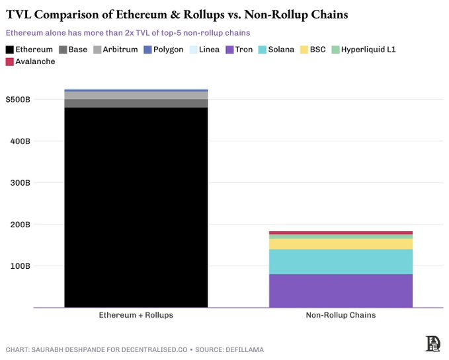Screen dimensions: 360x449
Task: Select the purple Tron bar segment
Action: [x=341, y=291]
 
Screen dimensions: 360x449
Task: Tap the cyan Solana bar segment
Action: [x=341, y=262]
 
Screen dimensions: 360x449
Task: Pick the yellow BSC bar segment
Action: [x=341, y=244]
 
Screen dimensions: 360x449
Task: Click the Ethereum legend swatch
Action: [x=9, y=50]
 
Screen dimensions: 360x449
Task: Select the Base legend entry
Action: [x=73, y=50]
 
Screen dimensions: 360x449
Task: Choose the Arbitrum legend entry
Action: [x=115, y=50]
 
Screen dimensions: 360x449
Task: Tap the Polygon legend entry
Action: [x=163, y=50]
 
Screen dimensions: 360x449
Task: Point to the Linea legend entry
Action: [x=204, y=50]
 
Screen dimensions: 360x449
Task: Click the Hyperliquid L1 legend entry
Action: [x=363, y=50]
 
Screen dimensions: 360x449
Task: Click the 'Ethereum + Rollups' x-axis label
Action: [x=136, y=315]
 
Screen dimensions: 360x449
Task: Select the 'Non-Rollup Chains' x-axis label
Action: [x=341, y=315]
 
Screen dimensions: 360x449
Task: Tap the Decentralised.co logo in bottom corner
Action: [x=433, y=343]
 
